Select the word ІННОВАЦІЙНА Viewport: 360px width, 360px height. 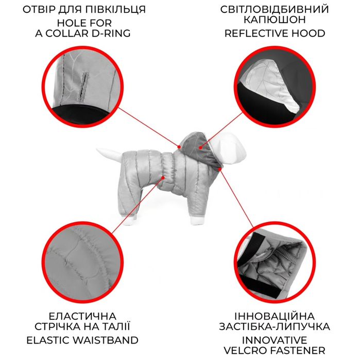point(279,315)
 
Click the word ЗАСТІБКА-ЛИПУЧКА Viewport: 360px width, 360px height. point(279,327)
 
